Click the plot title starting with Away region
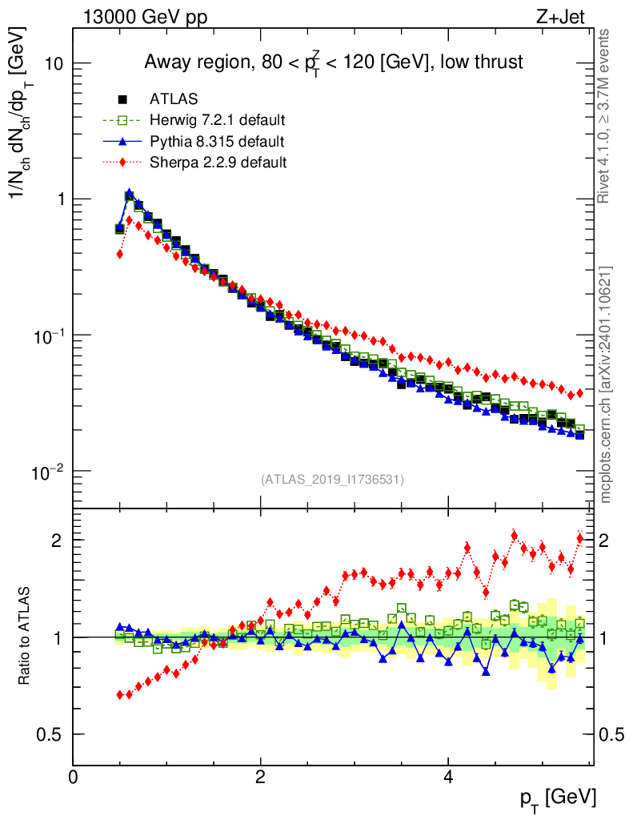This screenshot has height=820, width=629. point(333,62)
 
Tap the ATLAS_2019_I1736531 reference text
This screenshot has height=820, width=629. point(332,480)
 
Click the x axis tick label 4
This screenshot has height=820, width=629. point(448,778)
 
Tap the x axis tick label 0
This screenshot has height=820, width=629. point(74,778)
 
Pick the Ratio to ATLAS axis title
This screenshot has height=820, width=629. point(26,637)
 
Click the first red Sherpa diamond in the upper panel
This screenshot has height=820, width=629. point(119,254)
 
